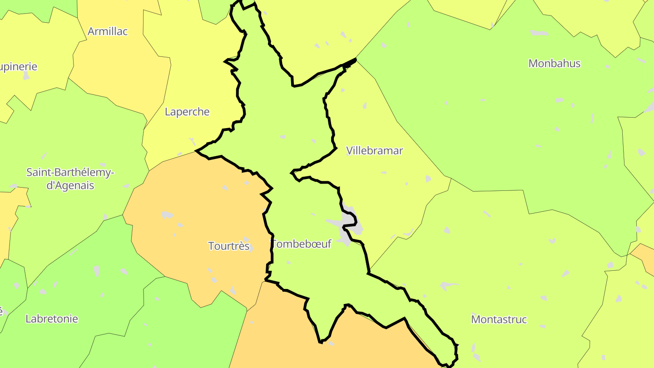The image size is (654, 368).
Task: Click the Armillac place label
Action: click(x=108, y=31)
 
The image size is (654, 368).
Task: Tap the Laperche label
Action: click(x=187, y=112)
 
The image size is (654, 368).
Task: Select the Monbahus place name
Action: click(x=555, y=64)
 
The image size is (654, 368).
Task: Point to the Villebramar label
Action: click(x=375, y=151)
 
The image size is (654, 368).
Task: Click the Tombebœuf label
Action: click(x=302, y=244)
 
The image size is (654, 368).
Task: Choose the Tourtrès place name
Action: click(x=229, y=246)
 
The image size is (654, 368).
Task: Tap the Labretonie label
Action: click(x=52, y=319)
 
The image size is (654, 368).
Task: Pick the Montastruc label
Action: click(x=499, y=319)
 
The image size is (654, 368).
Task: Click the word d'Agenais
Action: click(x=70, y=185)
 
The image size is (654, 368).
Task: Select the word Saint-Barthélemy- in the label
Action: click(x=70, y=173)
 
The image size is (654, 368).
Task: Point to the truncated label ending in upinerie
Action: click(x=18, y=67)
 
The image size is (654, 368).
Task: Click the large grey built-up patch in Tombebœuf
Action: click(x=350, y=223)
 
